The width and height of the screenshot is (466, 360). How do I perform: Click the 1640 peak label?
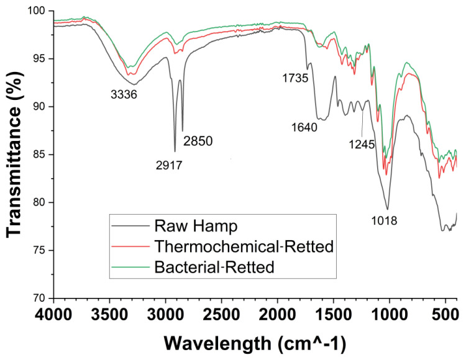304,127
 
